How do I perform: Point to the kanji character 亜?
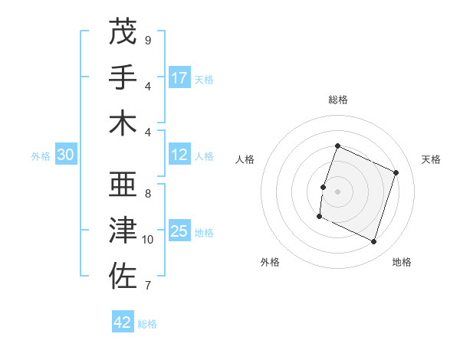(x=123, y=185)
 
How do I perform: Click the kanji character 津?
(x=123, y=231)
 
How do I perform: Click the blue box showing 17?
(x=179, y=77)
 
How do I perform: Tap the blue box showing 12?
(x=179, y=155)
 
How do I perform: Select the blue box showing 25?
(x=179, y=231)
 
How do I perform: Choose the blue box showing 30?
(x=66, y=155)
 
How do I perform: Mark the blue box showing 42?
(x=123, y=322)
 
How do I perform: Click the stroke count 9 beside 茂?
(x=147, y=40)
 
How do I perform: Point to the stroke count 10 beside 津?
(x=148, y=240)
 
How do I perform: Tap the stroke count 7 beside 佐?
(x=147, y=286)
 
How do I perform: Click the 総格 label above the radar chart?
(x=337, y=100)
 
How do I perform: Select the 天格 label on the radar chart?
(x=431, y=159)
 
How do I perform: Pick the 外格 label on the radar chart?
(x=270, y=262)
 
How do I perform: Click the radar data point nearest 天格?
(x=396, y=172)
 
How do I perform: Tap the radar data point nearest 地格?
(x=374, y=242)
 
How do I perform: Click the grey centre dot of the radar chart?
(x=337, y=191)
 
